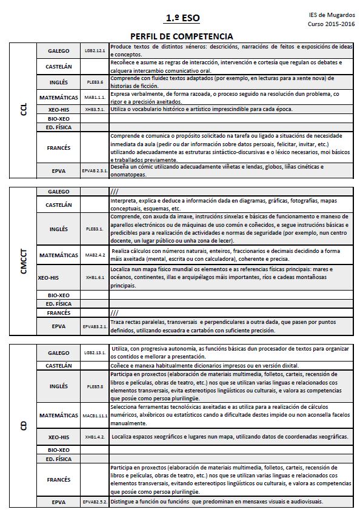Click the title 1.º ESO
[x=182, y=19]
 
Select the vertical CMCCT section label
[x=24, y=261]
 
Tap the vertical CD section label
[x=24, y=425]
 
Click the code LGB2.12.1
[x=95, y=51]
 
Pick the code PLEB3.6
[x=95, y=81]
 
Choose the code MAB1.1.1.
[x=95, y=97]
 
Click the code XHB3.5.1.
[x=95, y=109]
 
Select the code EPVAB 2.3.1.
[x=95, y=172]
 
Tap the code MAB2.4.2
[x=95, y=255]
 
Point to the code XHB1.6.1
[x=95, y=277]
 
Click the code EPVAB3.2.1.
[x=95, y=326]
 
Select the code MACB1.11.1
[x=95, y=416]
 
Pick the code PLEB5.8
[x=95, y=386]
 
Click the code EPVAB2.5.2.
[x=95, y=502]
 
